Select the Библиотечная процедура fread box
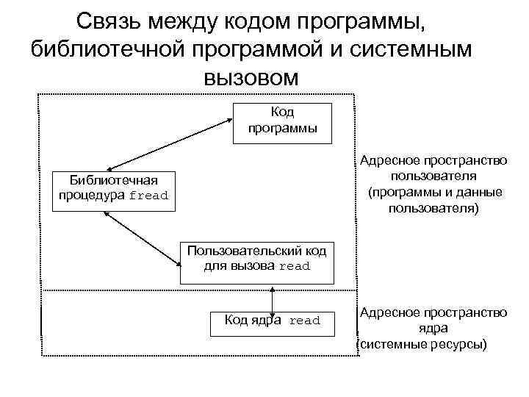(114, 190)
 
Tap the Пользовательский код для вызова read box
(257, 260)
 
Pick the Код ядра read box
(271, 321)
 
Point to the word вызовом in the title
(251, 76)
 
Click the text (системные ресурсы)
(422, 343)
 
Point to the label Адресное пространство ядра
(433, 321)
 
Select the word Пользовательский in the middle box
(235, 251)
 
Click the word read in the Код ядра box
(305, 321)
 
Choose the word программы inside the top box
(282, 128)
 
